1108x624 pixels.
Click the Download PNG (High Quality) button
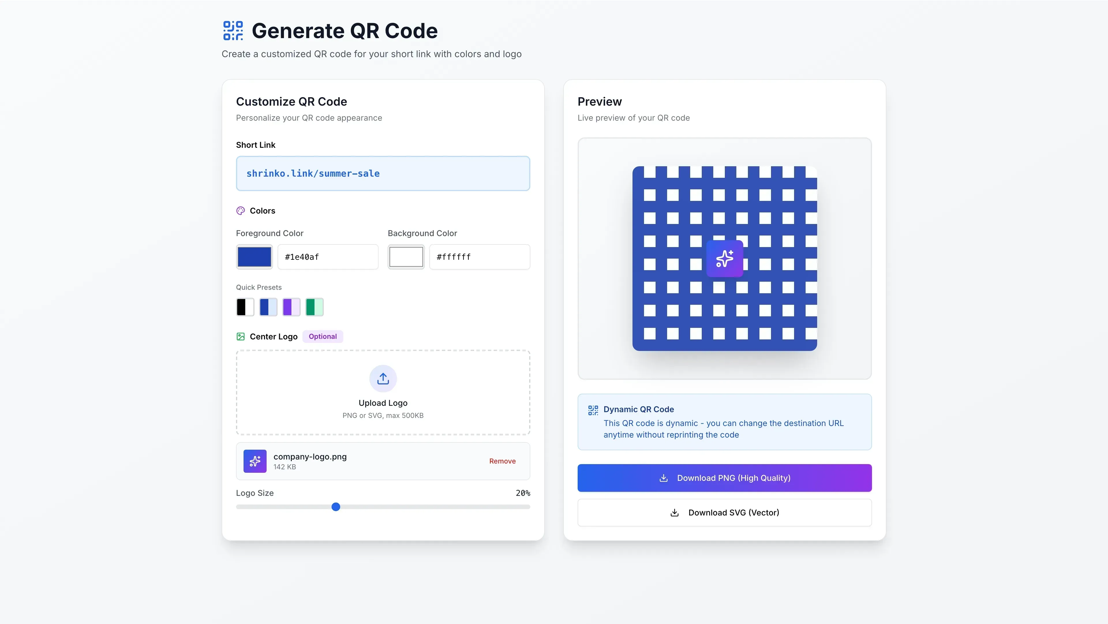click(x=724, y=478)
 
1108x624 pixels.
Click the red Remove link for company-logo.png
click(x=502, y=461)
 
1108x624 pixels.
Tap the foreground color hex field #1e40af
click(x=328, y=257)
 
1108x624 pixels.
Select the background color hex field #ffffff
click(x=479, y=257)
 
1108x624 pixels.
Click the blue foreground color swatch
click(x=254, y=257)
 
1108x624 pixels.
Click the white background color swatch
click(x=406, y=257)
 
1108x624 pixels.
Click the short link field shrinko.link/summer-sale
click(x=383, y=173)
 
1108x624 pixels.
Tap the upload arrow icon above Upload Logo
click(x=383, y=378)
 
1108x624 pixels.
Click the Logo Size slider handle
click(x=336, y=507)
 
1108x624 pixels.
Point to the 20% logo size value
click(x=523, y=493)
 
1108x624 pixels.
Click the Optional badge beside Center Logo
click(x=323, y=337)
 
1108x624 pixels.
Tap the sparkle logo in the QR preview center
click(x=724, y=259)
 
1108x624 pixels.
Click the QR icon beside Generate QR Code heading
click(x=233, y=31)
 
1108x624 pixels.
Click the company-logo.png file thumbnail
click(x=254, y=461)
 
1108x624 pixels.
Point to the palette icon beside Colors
click(x=240, y=210)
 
